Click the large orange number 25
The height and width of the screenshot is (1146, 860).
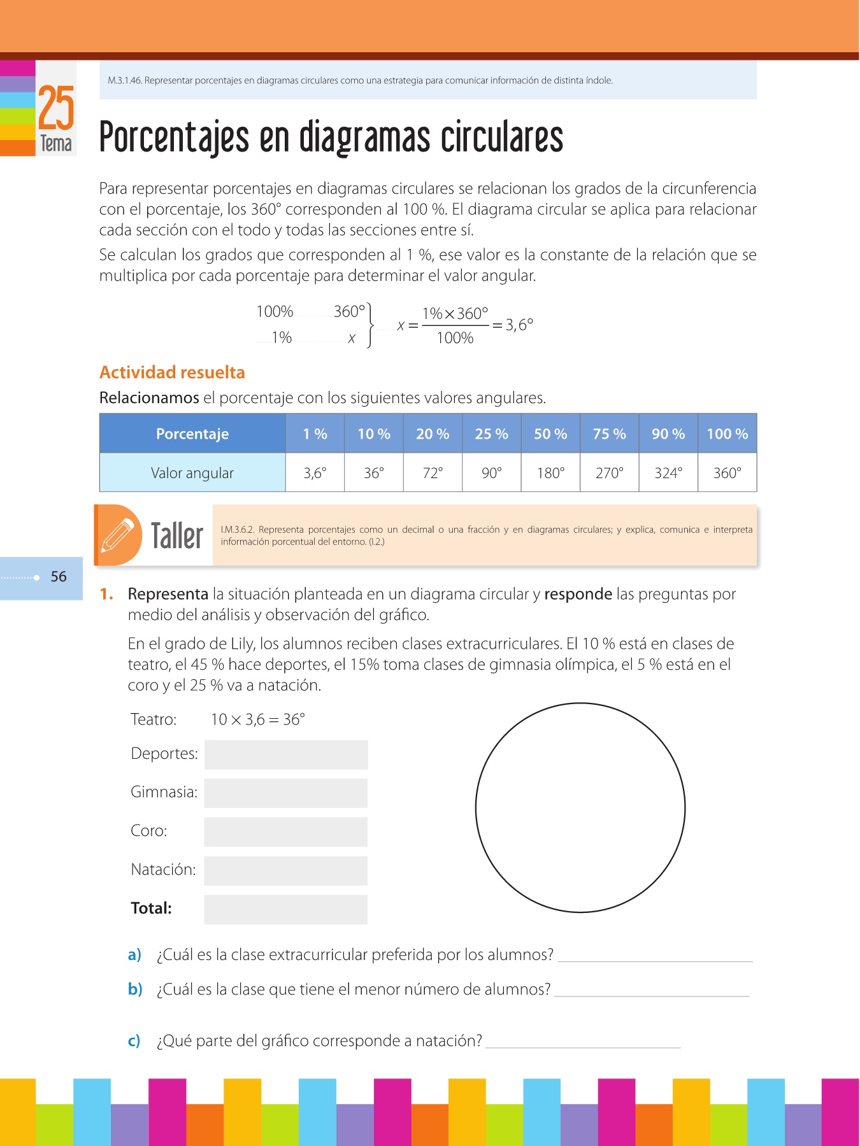(x=56, y=108)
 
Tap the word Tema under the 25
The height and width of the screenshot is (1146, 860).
(x=56, y=143)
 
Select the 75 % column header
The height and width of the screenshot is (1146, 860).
(x=609, y=434)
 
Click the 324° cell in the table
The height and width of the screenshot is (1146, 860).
(x=668, y=473)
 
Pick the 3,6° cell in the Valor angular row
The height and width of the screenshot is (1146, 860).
(x=315, y=473)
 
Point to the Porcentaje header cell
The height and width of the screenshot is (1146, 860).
(x=192, y=434)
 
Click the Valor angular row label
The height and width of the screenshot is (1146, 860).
(x=192, y=473)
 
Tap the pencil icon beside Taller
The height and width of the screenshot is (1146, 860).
(x=118, y=535)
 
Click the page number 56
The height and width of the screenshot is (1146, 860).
(x=59, y=577)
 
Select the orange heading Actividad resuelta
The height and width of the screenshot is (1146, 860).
(x=172, y=372)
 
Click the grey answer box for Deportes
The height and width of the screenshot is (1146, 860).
(x=286, y=754)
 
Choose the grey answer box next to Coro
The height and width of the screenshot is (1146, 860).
(x=286, y=832)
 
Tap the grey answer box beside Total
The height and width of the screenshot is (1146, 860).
(x=286, y=909)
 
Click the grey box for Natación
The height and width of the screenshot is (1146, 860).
(x=286, y=870)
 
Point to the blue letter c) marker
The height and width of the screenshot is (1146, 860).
(x=134, y=1041)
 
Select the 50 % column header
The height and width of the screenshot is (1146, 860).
(x=550, y=434)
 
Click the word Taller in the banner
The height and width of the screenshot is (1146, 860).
(x=177, y=535)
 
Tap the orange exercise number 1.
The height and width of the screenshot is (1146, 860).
(x=106, y=594)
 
